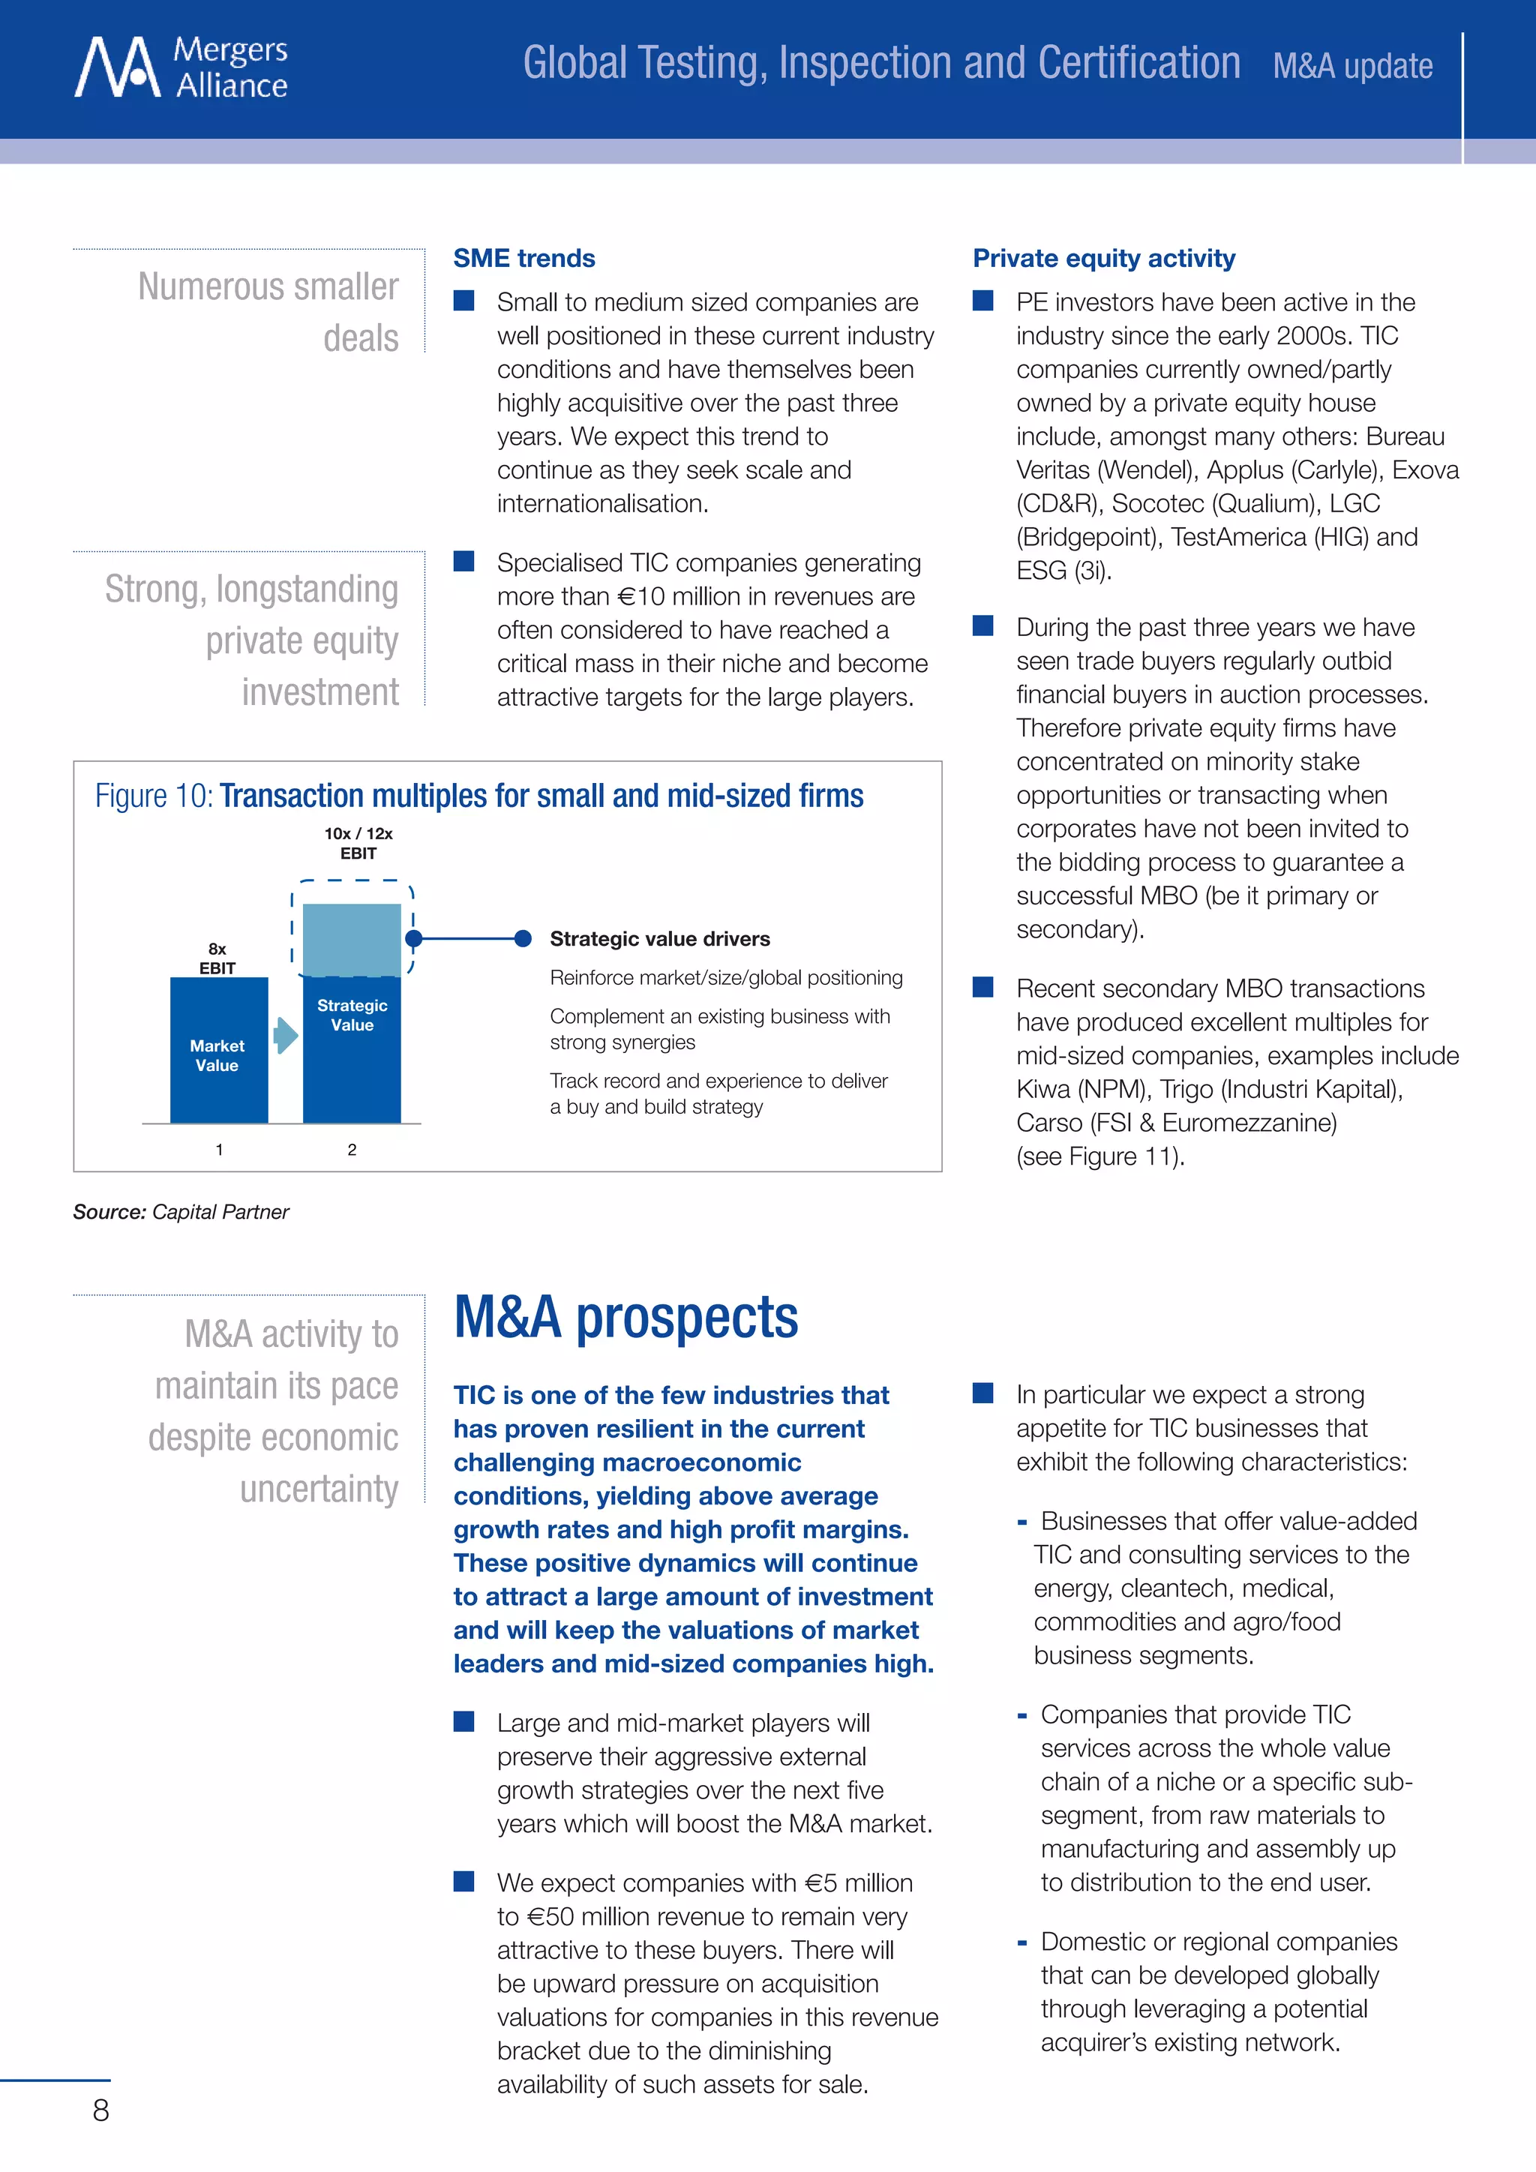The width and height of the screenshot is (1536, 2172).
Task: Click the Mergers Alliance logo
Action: (x=180, y=67)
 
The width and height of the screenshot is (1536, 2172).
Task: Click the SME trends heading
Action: (x=524, y=258)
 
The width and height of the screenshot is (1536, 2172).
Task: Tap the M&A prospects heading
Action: (x=625, y=1317)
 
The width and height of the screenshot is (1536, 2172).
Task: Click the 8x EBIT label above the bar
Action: (x=217, y=958)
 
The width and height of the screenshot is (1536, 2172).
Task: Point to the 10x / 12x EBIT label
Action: (x=358, y=843)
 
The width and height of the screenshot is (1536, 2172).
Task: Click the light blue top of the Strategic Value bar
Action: (x=352, y=938)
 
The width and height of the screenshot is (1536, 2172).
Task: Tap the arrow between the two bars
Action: (x=285, y=1035)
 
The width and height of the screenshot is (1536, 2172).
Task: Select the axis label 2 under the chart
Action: (x=352, y=1150)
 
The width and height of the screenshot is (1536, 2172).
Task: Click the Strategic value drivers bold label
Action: (x=659, y=938)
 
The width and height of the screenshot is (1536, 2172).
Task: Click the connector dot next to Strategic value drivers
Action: (x=522, y=938)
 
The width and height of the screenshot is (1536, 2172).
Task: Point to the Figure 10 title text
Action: (x=478, y=796)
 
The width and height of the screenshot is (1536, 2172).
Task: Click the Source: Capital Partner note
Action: (x=181, y=1212)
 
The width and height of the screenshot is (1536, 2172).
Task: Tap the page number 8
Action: (x=100, y=2110)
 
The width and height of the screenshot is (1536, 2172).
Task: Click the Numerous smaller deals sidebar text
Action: (x=268, y=311)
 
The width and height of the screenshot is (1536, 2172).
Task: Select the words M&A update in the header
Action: (x=1351, y=66)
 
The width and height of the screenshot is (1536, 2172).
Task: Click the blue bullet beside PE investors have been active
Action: (x=982, y=301)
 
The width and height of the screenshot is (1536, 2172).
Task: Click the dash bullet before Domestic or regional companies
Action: (x=1021, y=1943)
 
